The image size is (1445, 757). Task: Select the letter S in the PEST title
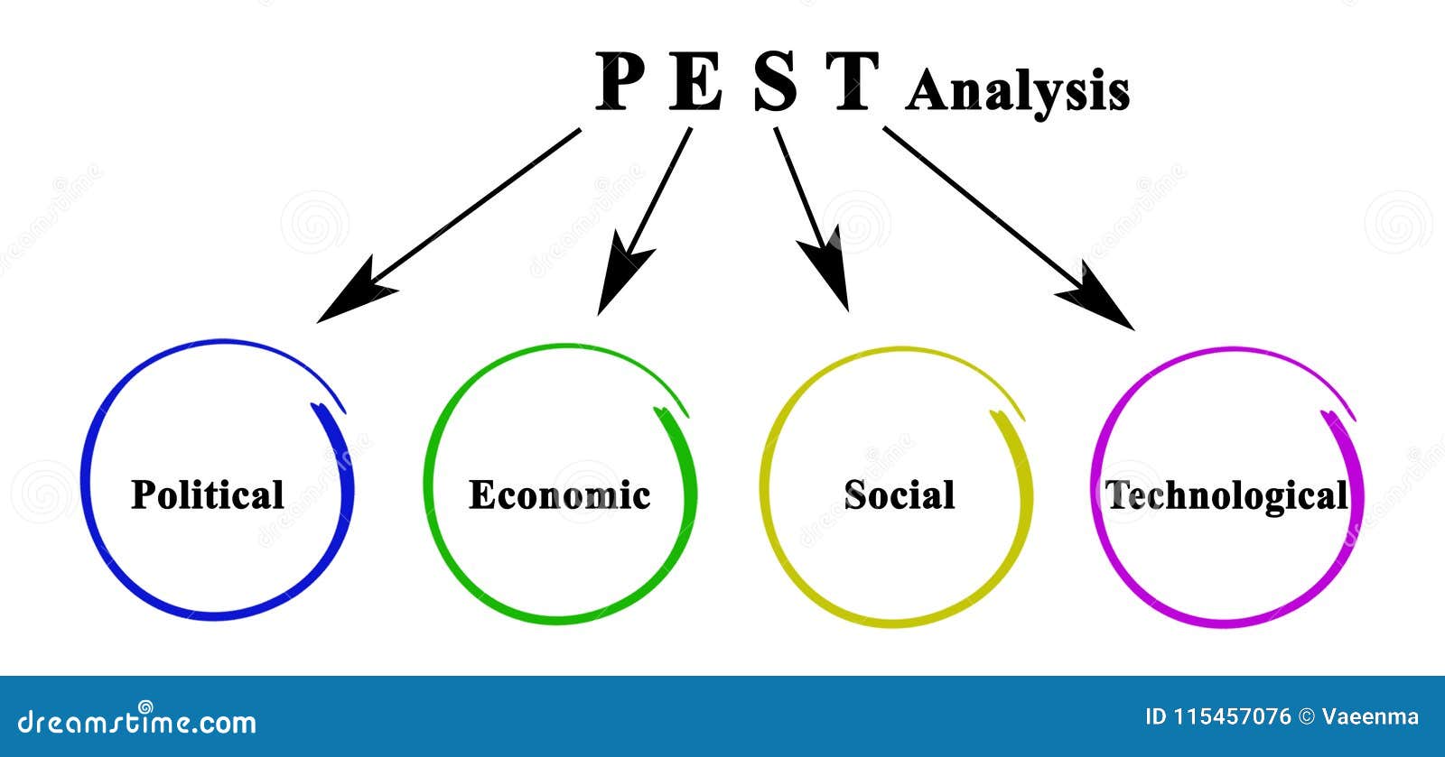click(776, 82)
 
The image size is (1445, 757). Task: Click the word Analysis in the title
click(1017, 92)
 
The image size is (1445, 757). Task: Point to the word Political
click(208, 494)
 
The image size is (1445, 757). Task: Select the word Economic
click(559, 495)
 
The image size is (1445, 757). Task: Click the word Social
click(899, 494)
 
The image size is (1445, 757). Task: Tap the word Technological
click(1226, 495)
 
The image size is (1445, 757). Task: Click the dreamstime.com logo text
click(137, 722)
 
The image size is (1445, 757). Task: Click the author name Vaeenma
click(1370, 717)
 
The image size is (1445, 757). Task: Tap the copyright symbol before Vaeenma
click(1307, 717)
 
